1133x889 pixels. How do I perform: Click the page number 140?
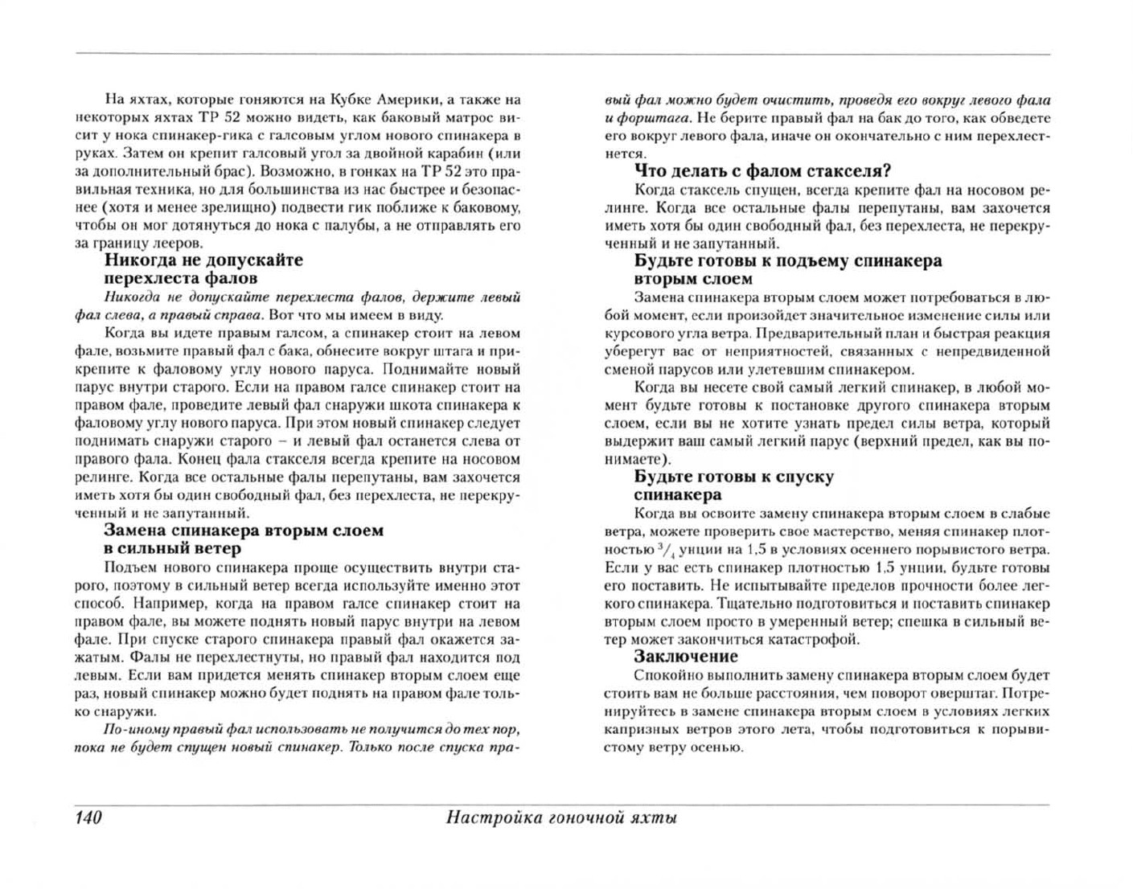88,818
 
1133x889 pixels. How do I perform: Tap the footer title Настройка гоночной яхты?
561,818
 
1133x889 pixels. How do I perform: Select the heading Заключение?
685,657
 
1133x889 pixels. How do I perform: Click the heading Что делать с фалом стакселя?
762,171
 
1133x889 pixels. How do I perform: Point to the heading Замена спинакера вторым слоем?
244,531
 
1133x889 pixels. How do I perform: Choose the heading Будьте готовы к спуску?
733,477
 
